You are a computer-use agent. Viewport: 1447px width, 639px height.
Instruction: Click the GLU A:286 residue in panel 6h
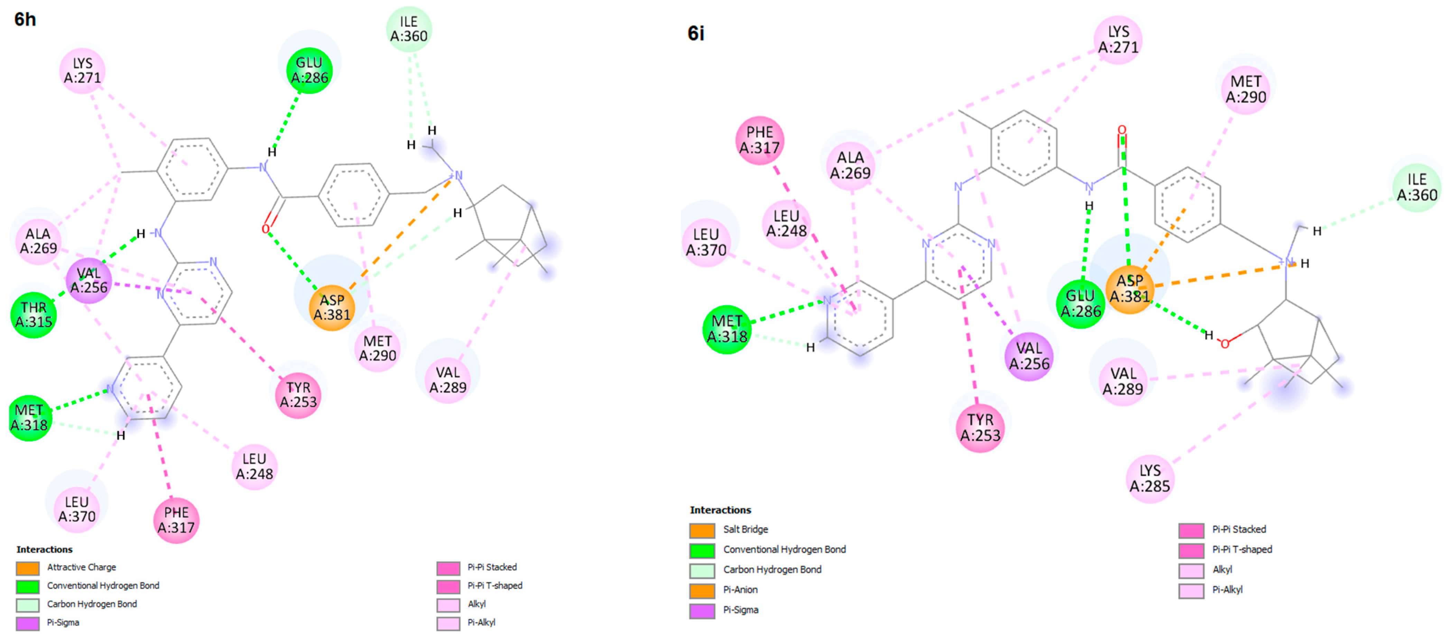tap(309, 70)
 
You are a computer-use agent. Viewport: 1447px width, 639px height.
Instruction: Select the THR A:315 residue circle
tap(33, 315)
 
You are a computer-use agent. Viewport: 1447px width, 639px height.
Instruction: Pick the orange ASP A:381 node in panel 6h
tap(332, 308)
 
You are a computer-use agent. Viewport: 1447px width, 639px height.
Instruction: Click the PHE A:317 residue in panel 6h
tap(176, 520)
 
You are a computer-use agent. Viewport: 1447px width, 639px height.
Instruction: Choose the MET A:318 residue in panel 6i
tap(727, 329)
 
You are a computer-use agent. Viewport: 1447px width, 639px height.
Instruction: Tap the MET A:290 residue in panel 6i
tap(1245, 89)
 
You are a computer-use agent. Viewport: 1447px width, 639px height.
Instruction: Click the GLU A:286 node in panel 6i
tap(1080, 303)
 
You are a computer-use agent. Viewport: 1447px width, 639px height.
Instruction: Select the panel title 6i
tap(696, 34)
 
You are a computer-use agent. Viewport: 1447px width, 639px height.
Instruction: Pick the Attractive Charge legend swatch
tap(28, 568)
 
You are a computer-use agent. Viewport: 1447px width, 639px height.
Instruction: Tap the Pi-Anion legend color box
tap(702, 591)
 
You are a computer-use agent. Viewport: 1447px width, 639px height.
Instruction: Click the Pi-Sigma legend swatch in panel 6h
tap(28, 623)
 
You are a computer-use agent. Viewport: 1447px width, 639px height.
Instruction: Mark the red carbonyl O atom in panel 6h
tap(265, 229)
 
